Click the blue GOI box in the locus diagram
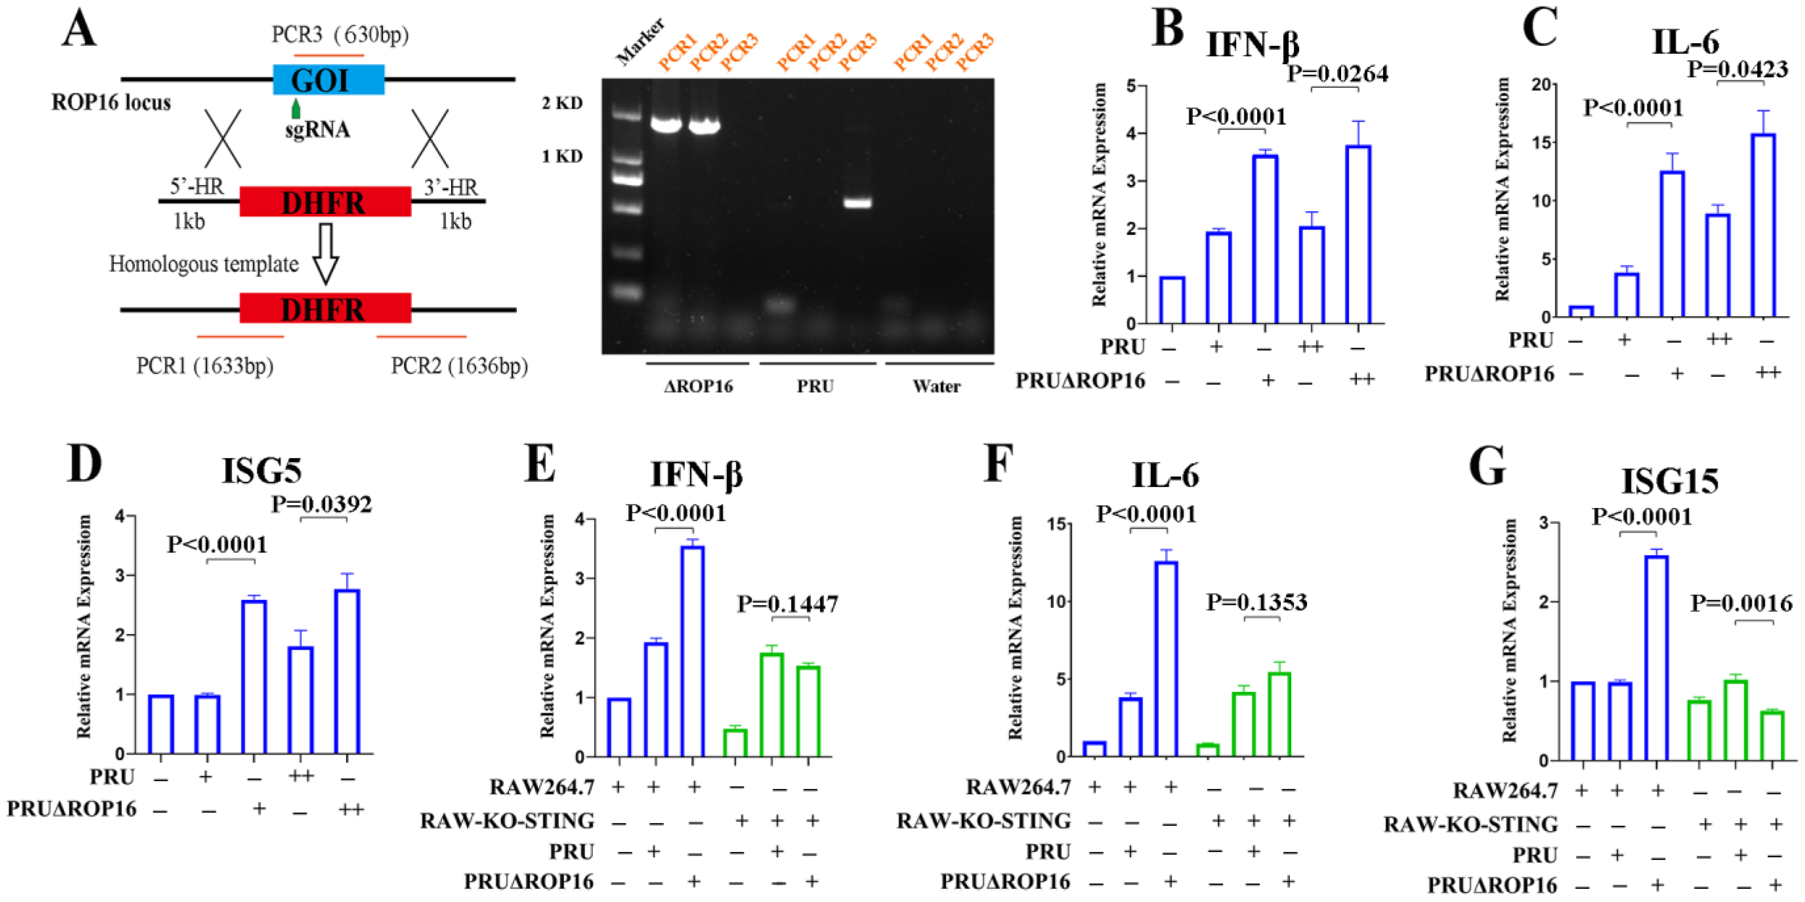pos(328,80)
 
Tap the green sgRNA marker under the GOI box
pos(296,108)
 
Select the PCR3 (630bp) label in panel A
pos(340,35)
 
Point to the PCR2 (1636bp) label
pos(459,366)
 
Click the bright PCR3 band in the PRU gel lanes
pos(857,203)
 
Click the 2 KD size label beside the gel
pos(562,103)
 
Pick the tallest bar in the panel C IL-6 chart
pos(1763,224)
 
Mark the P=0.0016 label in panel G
pos(1741,603)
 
